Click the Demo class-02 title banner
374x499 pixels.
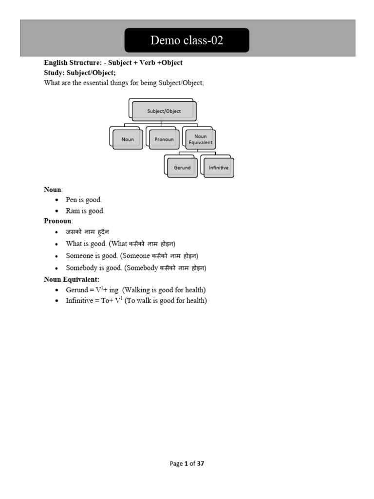(187, 40)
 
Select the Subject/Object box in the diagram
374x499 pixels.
(164, 111)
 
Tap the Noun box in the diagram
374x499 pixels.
(128, 139)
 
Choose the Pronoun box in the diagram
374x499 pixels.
(164, 139)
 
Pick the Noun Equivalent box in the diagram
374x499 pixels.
(201, 139)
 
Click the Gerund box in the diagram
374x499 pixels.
(182, 168)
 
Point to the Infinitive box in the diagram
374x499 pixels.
(219, 168)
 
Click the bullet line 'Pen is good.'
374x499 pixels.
(84, 200)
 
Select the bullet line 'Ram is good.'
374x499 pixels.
(85, 211)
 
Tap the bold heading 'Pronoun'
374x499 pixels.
(57, 221)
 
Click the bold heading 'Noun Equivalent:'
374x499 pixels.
(72, 279)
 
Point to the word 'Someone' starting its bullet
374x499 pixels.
(78, 256)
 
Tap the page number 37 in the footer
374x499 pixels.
(201, 463)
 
